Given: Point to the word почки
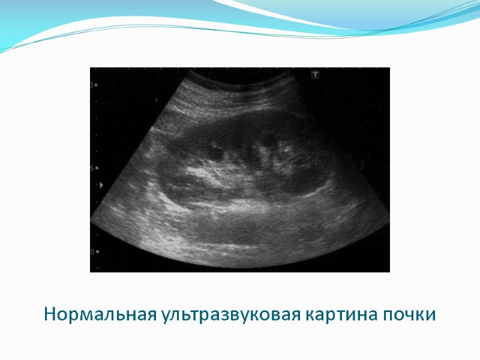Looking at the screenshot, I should [x=411, y=314].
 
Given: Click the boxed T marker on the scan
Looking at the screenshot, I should [x=314, y=75].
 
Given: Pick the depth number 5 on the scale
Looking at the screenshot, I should [x=92, y=169].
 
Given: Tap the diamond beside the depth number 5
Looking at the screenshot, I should [x=97, y=169].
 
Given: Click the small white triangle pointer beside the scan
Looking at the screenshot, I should [x=101, y=185].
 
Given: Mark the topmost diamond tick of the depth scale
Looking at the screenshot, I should [x=97, y=85].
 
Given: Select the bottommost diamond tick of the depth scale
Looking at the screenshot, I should [x=97, y=251].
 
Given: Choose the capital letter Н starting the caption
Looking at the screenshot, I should [x=50, y=314].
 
